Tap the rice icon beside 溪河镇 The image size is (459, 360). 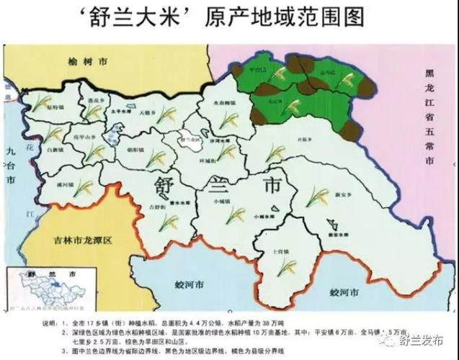(83, 189)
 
